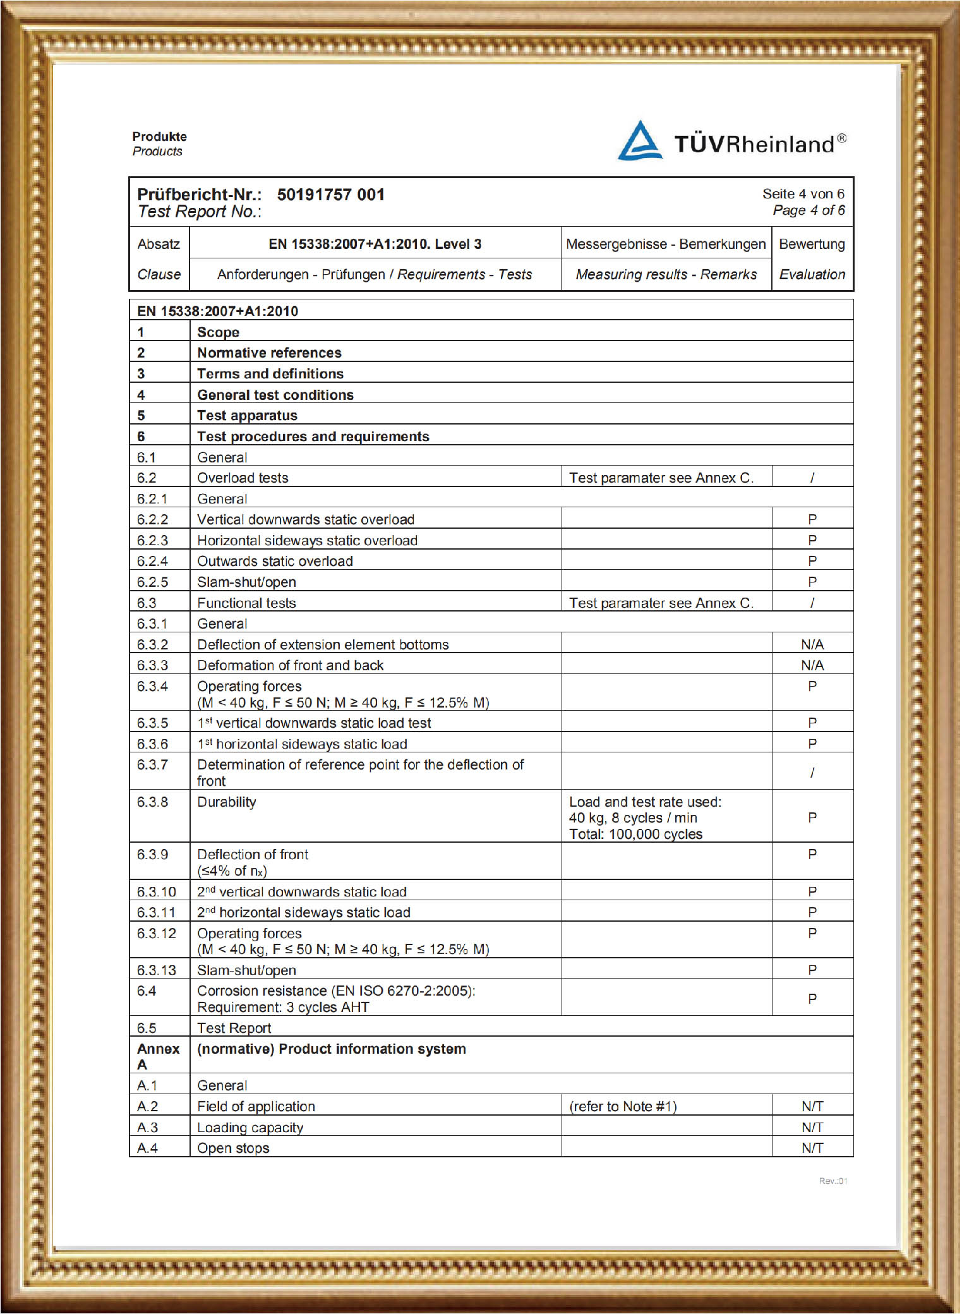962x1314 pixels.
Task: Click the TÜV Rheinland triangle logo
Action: click(640, 141)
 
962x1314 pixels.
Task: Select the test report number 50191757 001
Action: click(330, 195)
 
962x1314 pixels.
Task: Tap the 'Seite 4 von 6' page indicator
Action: click(803, 194)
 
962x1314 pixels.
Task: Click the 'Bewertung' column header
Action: click(812, 244)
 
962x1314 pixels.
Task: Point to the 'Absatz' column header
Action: click(159, 244)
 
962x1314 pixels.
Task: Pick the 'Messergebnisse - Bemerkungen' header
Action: click(666, 244)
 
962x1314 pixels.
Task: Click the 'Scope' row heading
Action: click(218, 332)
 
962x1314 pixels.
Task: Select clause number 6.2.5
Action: click(153, 582)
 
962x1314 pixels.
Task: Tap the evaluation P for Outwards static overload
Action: click(812, 561)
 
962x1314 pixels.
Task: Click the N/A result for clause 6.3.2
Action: click(812, 644)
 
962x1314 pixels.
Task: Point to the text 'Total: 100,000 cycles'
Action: click(635, 834)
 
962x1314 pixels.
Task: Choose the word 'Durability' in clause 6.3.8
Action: click(227, 802)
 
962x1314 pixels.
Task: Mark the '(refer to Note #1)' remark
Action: click(623, 1106)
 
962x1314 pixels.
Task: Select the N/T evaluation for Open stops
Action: click(812, 1148)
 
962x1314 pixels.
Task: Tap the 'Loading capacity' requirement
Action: click(250, 1127)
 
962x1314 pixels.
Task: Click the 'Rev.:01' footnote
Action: click(833, 1181)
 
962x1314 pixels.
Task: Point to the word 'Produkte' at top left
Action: click(159, 136)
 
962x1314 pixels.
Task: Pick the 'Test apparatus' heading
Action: click(247, 416)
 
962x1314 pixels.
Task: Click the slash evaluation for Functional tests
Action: click(812, 603)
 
